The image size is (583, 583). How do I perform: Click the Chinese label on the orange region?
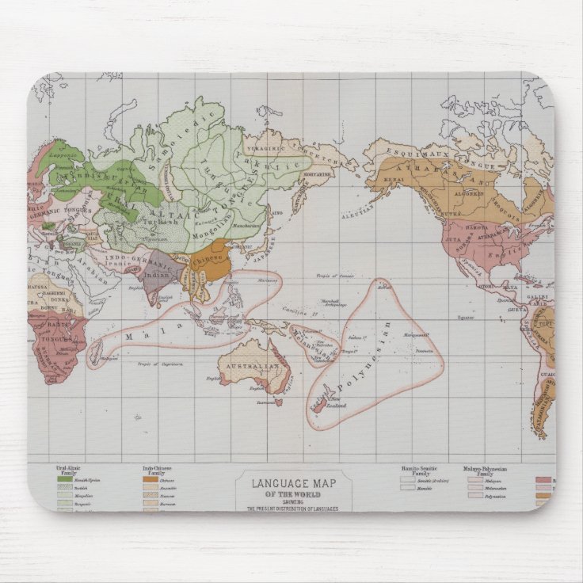tap(208, 259)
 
